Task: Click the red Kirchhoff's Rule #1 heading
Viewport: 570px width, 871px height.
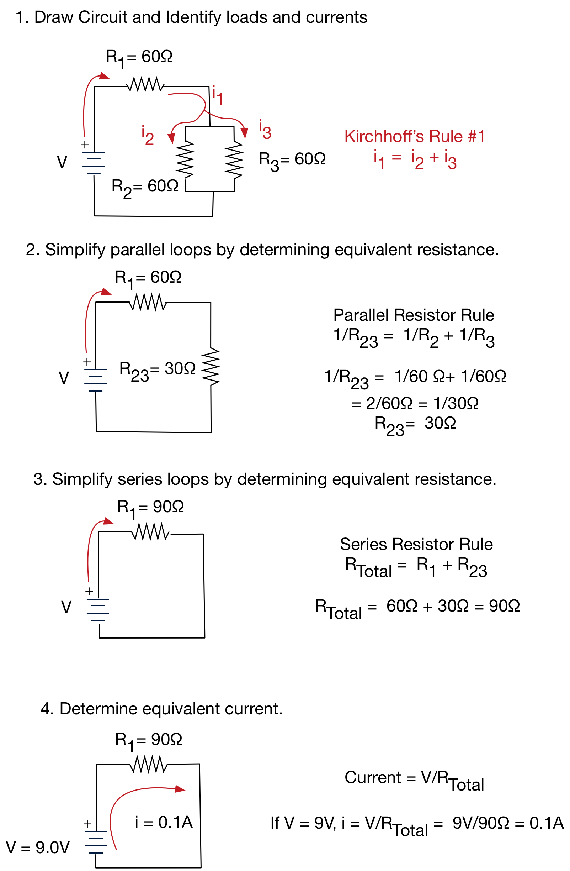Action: click(x=414, y=137)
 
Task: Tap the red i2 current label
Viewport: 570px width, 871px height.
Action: click(x=147, y=135)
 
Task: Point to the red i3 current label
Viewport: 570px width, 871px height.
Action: click(x=265, y=130)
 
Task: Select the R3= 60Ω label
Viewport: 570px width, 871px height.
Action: click(x=292, y=160)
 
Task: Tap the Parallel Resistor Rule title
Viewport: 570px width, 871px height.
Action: click(x=413, y=315)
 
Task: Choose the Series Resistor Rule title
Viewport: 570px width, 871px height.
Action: click(x=416, y=544)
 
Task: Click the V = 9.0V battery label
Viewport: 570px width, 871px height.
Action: click(x=38, y=848)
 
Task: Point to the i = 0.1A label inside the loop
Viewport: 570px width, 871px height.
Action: click(x=164, y=822)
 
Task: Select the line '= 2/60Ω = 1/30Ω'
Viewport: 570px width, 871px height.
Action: click(x=415, y=403)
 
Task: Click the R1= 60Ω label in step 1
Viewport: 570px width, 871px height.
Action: click(x=139, y=58)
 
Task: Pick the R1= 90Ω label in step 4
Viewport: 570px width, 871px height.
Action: click(x=148, y=740)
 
